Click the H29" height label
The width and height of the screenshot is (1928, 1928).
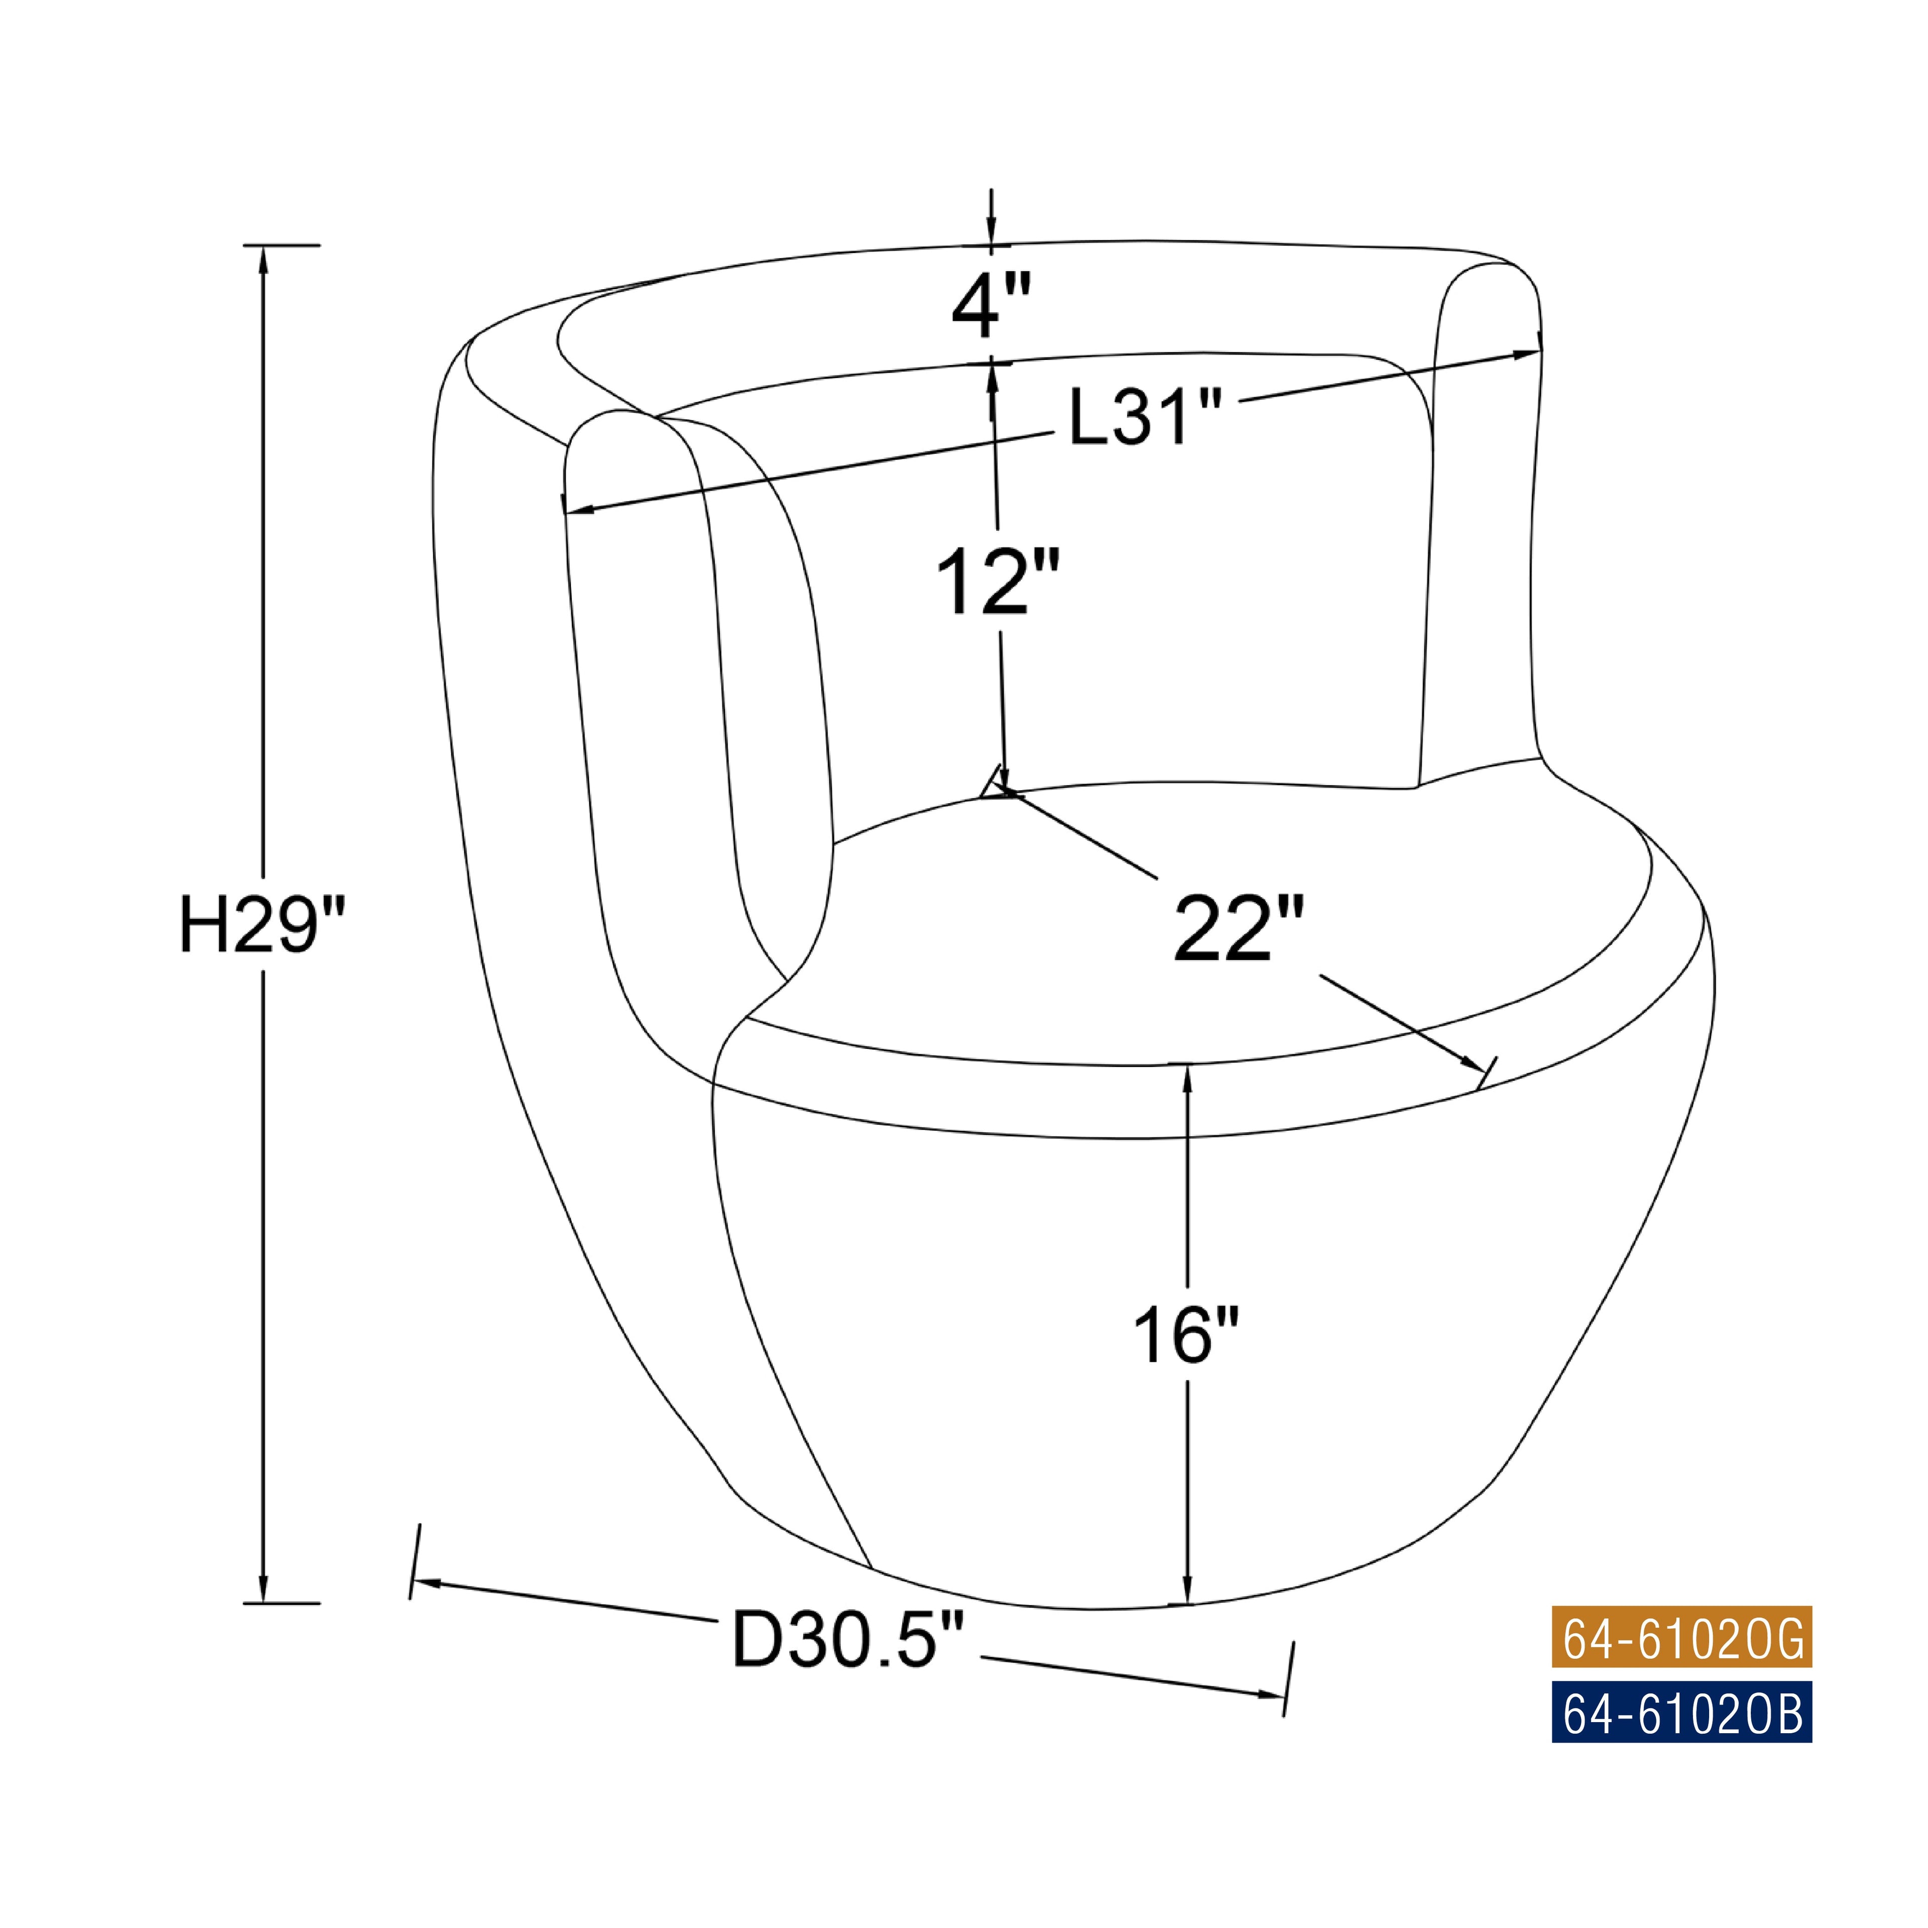point(263,924)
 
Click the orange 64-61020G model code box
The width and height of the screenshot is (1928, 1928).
point(1681,1637)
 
